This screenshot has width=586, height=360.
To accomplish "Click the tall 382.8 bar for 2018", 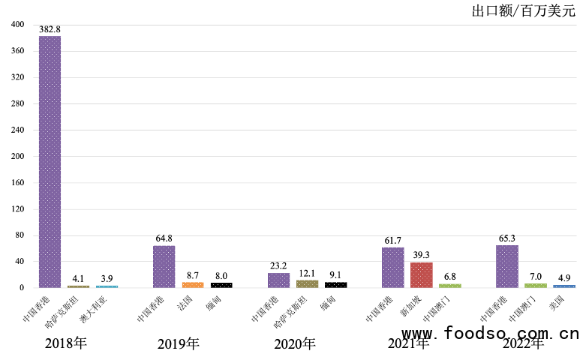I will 50,161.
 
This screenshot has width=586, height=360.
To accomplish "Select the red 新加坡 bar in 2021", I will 422,274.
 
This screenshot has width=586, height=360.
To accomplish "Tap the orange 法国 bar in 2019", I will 193,284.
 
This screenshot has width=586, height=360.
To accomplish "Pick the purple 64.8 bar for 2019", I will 164,266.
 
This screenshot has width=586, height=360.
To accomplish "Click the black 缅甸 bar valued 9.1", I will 335,284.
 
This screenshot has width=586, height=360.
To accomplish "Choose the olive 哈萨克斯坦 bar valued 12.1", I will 307,283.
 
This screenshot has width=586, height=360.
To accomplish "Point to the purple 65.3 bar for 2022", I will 507,266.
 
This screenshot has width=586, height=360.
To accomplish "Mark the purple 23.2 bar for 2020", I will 278,280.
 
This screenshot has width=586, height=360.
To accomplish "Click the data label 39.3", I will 422,255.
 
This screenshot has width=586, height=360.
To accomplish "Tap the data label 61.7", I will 393,240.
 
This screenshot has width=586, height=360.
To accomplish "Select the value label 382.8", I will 50,28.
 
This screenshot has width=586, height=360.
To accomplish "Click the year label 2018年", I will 66,344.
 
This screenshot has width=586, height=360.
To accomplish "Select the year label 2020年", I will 295,344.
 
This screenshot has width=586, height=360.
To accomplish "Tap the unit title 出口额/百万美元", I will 523,10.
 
